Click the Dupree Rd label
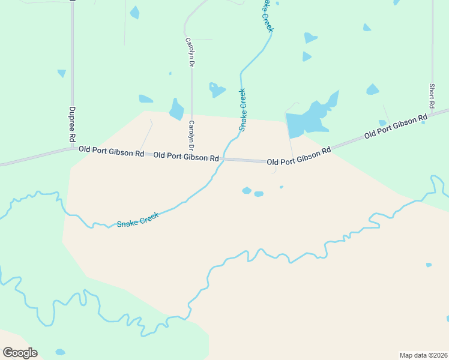tap(71, 124)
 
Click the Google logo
tap(20, 352)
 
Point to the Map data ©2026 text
tap(423, 355)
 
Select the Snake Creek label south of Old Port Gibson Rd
tap(137, 220)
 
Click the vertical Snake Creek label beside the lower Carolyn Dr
tap(243, 110)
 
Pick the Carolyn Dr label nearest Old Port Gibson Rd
tap(191, 136)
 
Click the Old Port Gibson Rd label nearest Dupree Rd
tap(111, 151)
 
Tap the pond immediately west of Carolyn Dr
tap(176, 110)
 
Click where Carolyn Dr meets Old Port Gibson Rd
tap(191, 157)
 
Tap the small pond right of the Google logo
tap(60, 352)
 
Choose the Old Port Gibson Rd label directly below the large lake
tap(299, 157)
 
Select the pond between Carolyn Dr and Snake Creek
tap(215, 90)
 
